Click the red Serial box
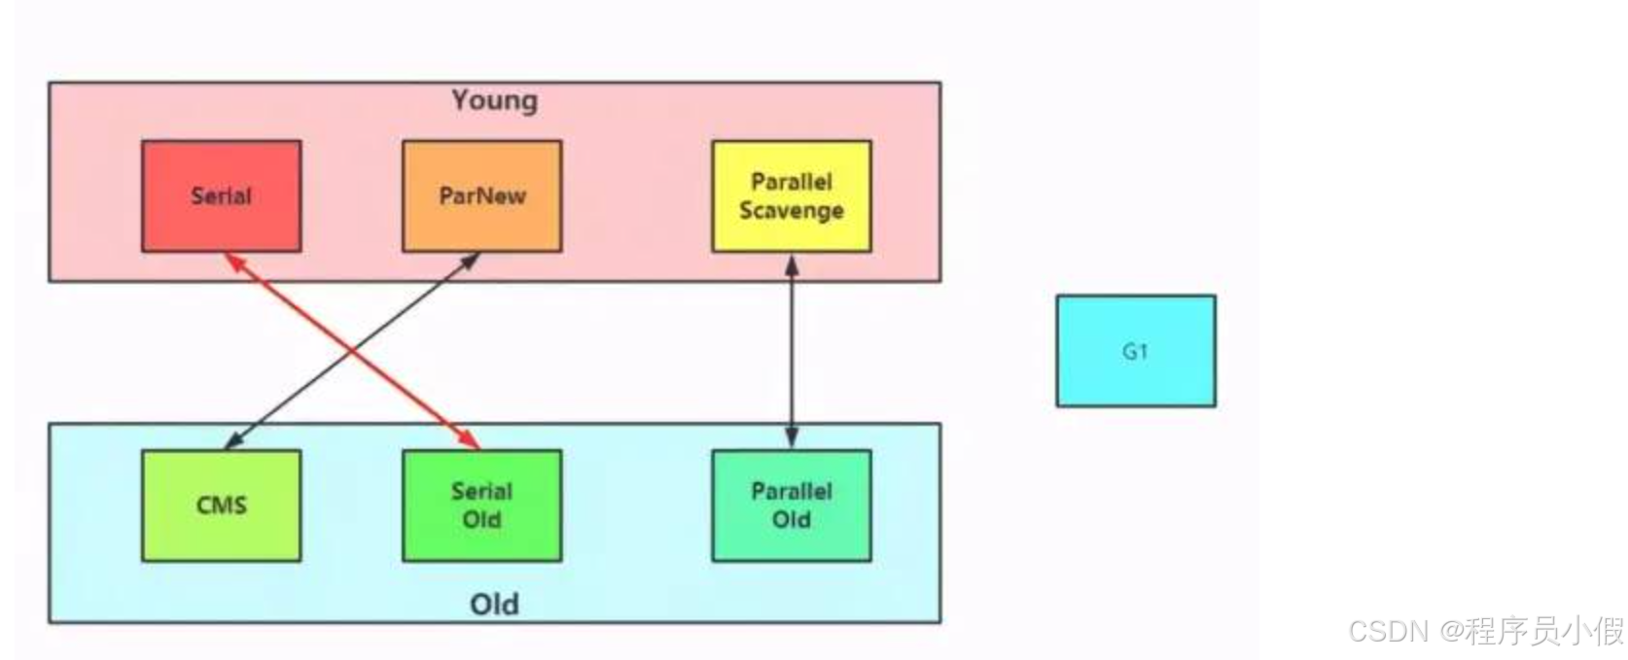pyautogui.click(x=221, y=195)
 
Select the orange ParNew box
pyautogui.click(x=481, y=195)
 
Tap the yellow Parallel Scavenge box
pyautogui.click(x=791, y=195)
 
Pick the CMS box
pyautogui.click(x=221, y=504)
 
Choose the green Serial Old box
pyautogui.click(x=481, y=504)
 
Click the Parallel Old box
pyautogui.click(x=791, y=504)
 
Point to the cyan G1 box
pyautogui.click(x=1135, y=351)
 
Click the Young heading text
pyautogui.click(x=494, y=100)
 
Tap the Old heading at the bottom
pyautogui.click(x=494, y=604)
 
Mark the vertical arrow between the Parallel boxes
pyautogui.click(x=792, y=351)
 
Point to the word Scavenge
pyautogui.click(x=791, y=211)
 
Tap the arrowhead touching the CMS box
pyautogui.click(x=231, y=443)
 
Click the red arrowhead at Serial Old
pyautogui.click(x=472, y=442)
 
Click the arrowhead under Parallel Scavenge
pyautogui.click(x=792, y=262)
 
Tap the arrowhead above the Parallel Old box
pyautogui.click(x=792, y=439)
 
